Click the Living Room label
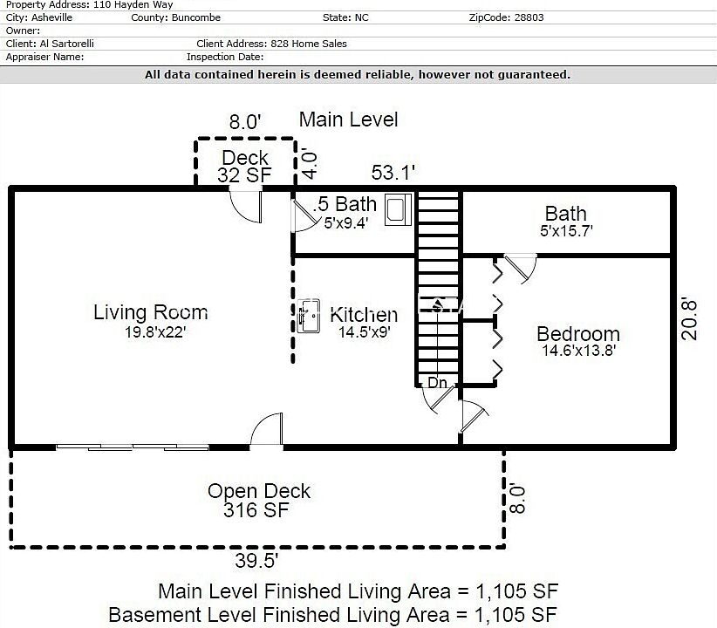[x=151, y=312]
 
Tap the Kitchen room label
[x=364, y=315]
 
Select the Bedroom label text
[x=578, y=334]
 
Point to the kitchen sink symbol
[x=308, y=316]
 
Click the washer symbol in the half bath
[x=398, y=209]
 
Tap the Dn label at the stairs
[x=437, y=382]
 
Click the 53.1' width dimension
[x=393, y=173]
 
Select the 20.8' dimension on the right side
[x=688, y=319]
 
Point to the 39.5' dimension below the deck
[x=256, y=560]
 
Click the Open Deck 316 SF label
[x=258, y=501]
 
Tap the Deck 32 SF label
[x=244, y=166]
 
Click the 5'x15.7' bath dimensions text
[x=566, y=231]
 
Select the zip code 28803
[x=529, y=17]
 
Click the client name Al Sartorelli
[x=67, y=44]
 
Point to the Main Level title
[x=348, y=119]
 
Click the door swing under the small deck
[x=246, y=207]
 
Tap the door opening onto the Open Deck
[x=267, y=429]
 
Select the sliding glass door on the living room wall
[x=133, y=447]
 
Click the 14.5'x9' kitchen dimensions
[x=364, y=332]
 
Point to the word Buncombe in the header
[x=196, y=17]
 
